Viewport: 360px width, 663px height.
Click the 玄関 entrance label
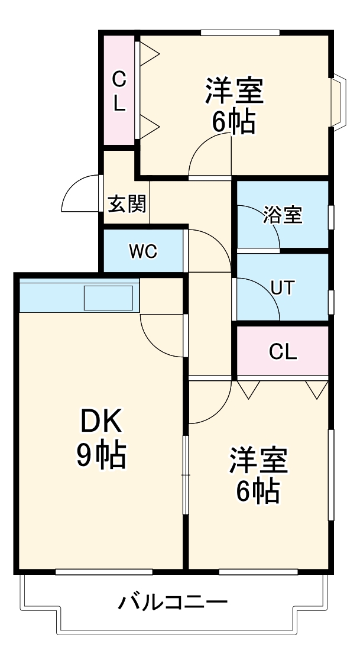(x=127, y=204)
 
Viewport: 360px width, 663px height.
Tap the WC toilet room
(x=143, y=251)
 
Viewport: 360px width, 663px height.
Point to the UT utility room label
(x=282, y=287)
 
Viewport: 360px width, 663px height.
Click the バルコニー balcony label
(x=173, y=604)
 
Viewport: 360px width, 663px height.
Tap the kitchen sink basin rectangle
(x=108, y=297)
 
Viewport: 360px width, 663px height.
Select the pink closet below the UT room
(x=283, y=352)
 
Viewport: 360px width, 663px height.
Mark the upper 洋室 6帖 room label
(x=234, y=105)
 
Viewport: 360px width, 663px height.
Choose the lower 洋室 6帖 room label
(x=258, y=475)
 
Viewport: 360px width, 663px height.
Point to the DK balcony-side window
(x=104, y=571)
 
